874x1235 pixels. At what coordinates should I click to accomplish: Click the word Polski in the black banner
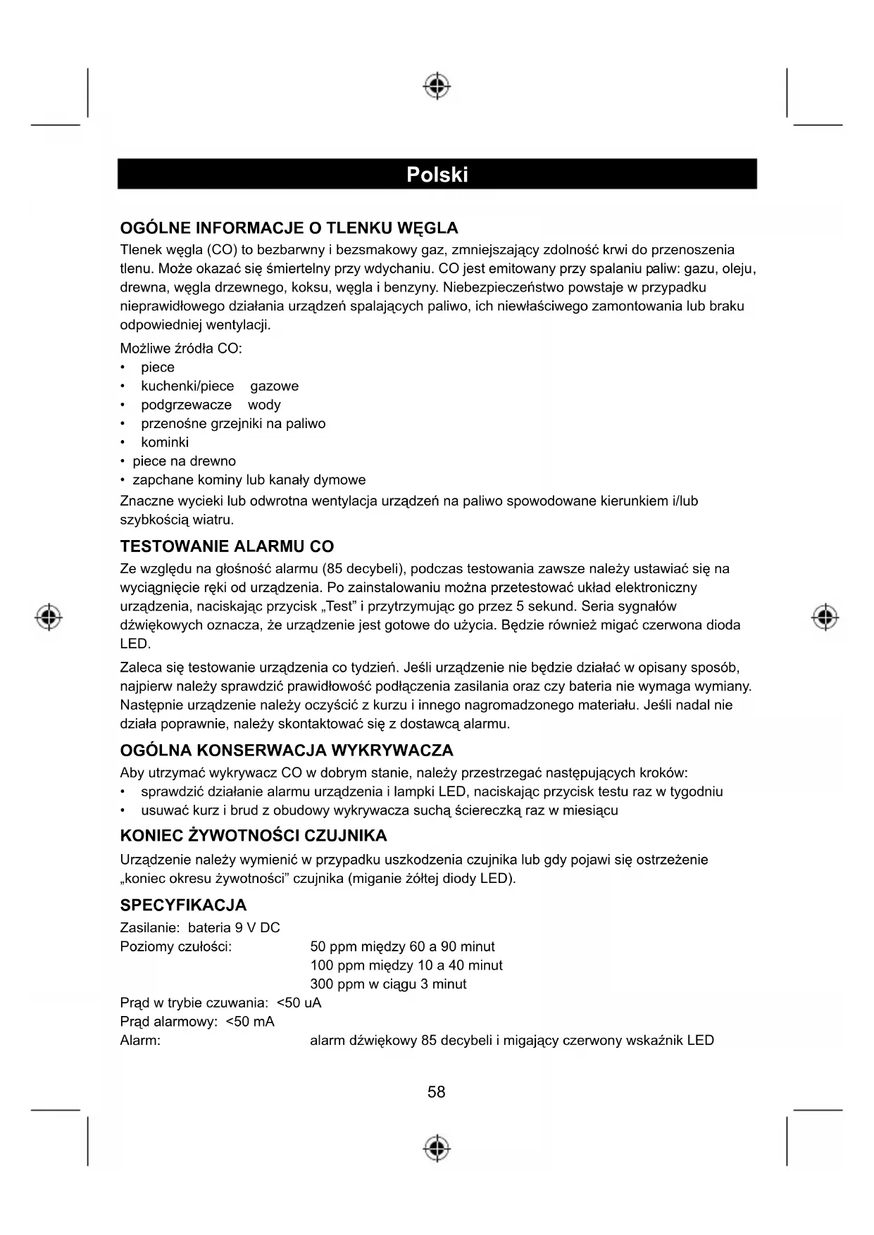point(437,175)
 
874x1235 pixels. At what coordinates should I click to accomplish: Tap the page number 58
point(436,1092)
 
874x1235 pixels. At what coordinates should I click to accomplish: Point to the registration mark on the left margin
point(49,617)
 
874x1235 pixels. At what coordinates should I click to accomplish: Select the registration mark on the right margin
point(825,617)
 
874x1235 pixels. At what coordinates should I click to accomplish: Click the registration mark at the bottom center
point(437,1148)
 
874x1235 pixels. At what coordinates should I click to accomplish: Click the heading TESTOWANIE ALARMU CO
point(227,546)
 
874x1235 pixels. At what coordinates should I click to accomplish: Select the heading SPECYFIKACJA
point(183,905)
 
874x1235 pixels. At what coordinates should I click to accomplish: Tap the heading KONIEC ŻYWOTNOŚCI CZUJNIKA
point(254,836)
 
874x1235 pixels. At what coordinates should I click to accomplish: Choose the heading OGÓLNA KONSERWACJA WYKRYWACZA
point(287,751)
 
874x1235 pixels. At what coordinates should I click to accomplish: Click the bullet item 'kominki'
point(165,442)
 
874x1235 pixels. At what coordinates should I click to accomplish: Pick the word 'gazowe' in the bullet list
point(274,386)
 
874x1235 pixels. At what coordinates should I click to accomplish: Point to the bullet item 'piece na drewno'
point(185,461)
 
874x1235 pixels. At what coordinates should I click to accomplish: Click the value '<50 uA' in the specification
point(299,1003)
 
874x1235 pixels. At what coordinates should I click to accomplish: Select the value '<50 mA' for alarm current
point(250,1022)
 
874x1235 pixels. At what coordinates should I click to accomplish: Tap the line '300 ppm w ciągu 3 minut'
point(388,984)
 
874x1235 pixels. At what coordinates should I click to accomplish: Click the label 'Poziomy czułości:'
point(176,946)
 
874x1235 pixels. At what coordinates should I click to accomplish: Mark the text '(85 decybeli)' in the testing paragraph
point(361,568)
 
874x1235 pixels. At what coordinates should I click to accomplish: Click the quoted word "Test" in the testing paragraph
point(345,606)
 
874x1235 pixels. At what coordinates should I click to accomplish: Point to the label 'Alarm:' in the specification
point(140,1040)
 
